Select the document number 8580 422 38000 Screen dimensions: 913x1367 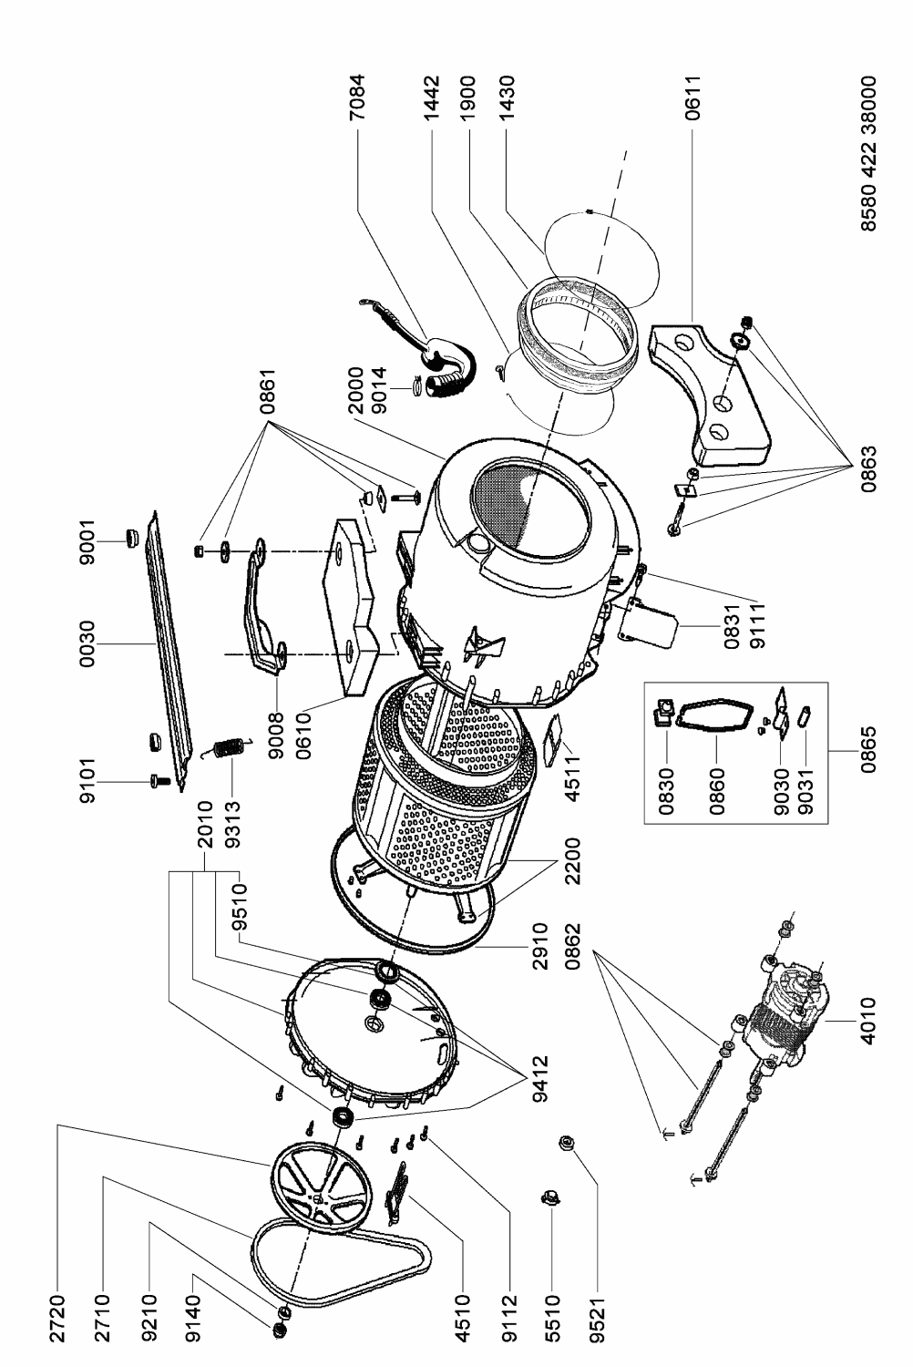[x=867, y=153]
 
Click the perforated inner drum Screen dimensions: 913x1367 [x=446, y=787]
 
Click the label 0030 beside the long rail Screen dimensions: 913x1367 [x=87, y=643]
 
